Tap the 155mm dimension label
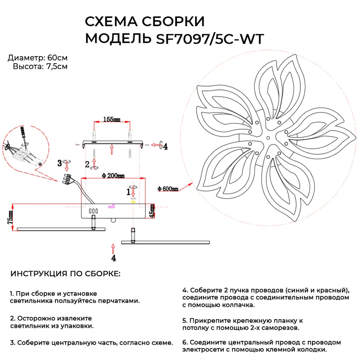coord(112,120)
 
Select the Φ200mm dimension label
coord(113,176)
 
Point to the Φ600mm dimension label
coord(168,189)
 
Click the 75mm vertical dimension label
coord(11,217)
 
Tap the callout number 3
coord(60,163)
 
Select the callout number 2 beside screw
coord(87,165)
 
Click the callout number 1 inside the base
coord(128,192)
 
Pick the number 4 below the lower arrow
coord(113,258)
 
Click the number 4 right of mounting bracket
coord(165,146)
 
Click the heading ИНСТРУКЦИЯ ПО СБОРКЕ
coord(66,274)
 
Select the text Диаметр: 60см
coord(37,58)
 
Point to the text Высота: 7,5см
coord(40,66)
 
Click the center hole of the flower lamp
coord(268,138)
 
